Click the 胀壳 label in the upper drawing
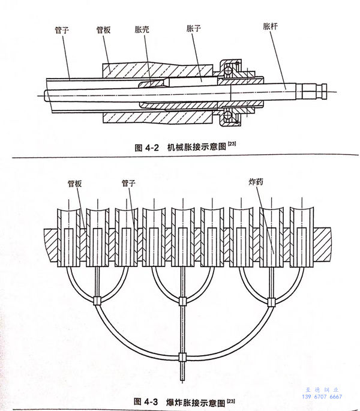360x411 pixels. (142, 29)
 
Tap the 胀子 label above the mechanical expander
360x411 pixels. (194, 28)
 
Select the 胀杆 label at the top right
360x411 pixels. (270, 26)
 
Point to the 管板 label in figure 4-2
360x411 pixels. (103, 30)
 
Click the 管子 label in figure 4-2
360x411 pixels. (62, 30)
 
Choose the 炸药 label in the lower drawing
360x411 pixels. (256, 182)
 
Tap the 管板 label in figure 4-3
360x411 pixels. (75, 184)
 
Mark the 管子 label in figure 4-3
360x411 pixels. (128, 183)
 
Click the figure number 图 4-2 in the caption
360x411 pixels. (147, 148)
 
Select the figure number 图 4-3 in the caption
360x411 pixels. (146, 401)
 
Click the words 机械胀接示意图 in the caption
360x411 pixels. (197, 147)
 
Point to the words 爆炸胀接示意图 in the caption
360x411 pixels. (196, 403)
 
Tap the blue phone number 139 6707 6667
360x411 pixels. (322, 397)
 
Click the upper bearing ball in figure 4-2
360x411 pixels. (228, 71)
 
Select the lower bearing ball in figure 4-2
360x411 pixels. (227, 115)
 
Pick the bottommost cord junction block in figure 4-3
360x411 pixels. (182, 357)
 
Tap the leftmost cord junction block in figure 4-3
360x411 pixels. (97, 301)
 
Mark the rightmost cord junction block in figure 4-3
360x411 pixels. (271, 302)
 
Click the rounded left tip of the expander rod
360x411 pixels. (46, 96)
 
